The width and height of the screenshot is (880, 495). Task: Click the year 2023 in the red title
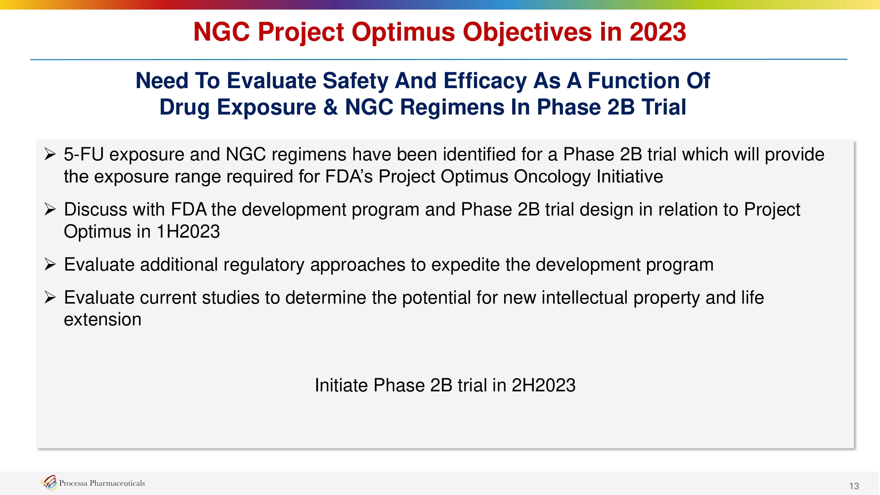[x=658, y=32]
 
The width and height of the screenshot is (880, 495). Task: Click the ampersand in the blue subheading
[x=330, y=107]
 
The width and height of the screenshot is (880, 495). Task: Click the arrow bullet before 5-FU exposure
[x=50, y=154]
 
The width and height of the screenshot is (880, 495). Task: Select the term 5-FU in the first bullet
[x=84, y=154]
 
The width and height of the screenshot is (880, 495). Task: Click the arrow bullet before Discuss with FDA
[x=50, y=209]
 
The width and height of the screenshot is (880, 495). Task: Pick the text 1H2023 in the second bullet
[x=188, y=232]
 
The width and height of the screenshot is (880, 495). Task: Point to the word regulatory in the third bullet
[x=264, y=265]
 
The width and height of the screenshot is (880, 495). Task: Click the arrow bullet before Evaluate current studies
[x=50, y=298]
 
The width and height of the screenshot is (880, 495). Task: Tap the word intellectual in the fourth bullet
[x=584, y=298]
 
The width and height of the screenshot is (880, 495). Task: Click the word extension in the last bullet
[x=103, y=320]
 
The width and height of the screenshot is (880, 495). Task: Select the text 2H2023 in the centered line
[x=543, y=385]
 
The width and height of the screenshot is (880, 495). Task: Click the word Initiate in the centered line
[x=341, y=385]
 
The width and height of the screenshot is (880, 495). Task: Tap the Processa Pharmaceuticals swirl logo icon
[x=49, y=482]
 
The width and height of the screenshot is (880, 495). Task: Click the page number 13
[x=854, y=486]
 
